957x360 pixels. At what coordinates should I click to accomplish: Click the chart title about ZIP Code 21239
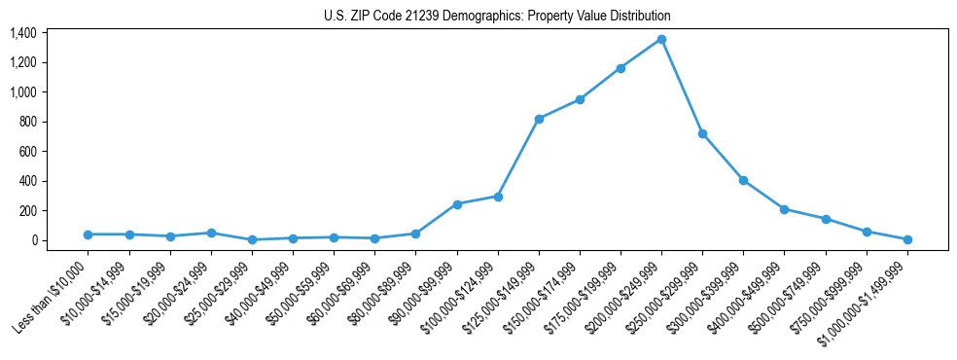pyautogui.click(x=497, y=17)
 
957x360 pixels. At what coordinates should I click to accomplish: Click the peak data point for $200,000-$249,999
pyautogui.click(x=661, y=39)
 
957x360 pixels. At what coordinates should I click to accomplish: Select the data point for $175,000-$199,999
pyautogui.click(x=620, y=68)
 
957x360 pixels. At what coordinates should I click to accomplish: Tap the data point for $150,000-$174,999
pyautogui.click(x=580, y=99)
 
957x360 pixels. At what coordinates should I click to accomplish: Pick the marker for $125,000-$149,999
pyautogui.click(x=539, y=119)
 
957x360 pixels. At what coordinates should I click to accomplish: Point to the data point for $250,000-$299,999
pyautogui.click(x=702, y=133)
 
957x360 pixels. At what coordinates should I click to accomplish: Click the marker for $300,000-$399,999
pyautogui.click(x=743, y=180)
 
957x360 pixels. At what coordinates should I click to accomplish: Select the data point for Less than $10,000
pyautogui.click(x=89, y=234)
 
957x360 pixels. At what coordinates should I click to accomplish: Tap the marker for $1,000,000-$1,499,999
pyautogui.click(x=907, y=239)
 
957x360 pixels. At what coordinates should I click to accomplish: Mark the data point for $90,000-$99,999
pyautogui.click(x=457, y=204)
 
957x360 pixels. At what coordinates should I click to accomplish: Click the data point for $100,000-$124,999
pyautogui.click(x=498, y=197)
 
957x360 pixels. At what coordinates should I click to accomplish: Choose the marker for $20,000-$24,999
pyautogui.click(x=211, y=233)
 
